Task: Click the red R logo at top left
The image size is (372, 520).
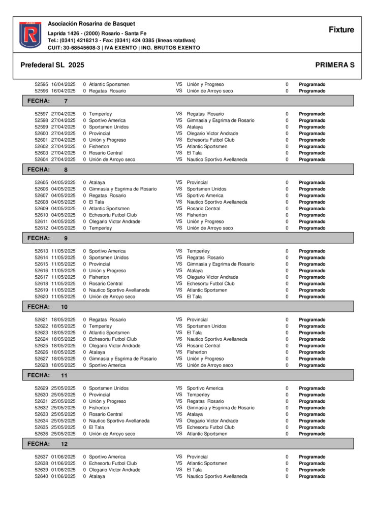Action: (x=30, y=35)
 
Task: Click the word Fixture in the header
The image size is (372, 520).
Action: (x=341, y=30)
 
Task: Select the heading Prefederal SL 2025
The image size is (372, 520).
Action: (x=52, y=66)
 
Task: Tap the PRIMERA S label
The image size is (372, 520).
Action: (x=334, y=66)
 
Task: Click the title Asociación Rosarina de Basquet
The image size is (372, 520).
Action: (x=91, y=24)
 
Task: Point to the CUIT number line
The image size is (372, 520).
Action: (x=123, y=48)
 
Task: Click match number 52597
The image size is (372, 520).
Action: (x=41, y=114)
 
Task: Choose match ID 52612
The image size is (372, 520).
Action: (x=41, y=229)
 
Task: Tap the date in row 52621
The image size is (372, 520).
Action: (x=63, y=320)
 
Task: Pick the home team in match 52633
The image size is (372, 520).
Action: (x=106, y=414)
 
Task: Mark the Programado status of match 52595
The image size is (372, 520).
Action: (x=312, y=85)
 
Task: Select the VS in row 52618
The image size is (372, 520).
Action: (x=179, y=284)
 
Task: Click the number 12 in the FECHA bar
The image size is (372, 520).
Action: (x=65, y=444)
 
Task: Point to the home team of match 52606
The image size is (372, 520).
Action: (x=123, y=189)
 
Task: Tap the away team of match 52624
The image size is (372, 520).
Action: (x=217, y=339)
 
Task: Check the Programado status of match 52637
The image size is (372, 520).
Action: (x=312, y=457)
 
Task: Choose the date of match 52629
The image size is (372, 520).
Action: (x=63, y=388)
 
